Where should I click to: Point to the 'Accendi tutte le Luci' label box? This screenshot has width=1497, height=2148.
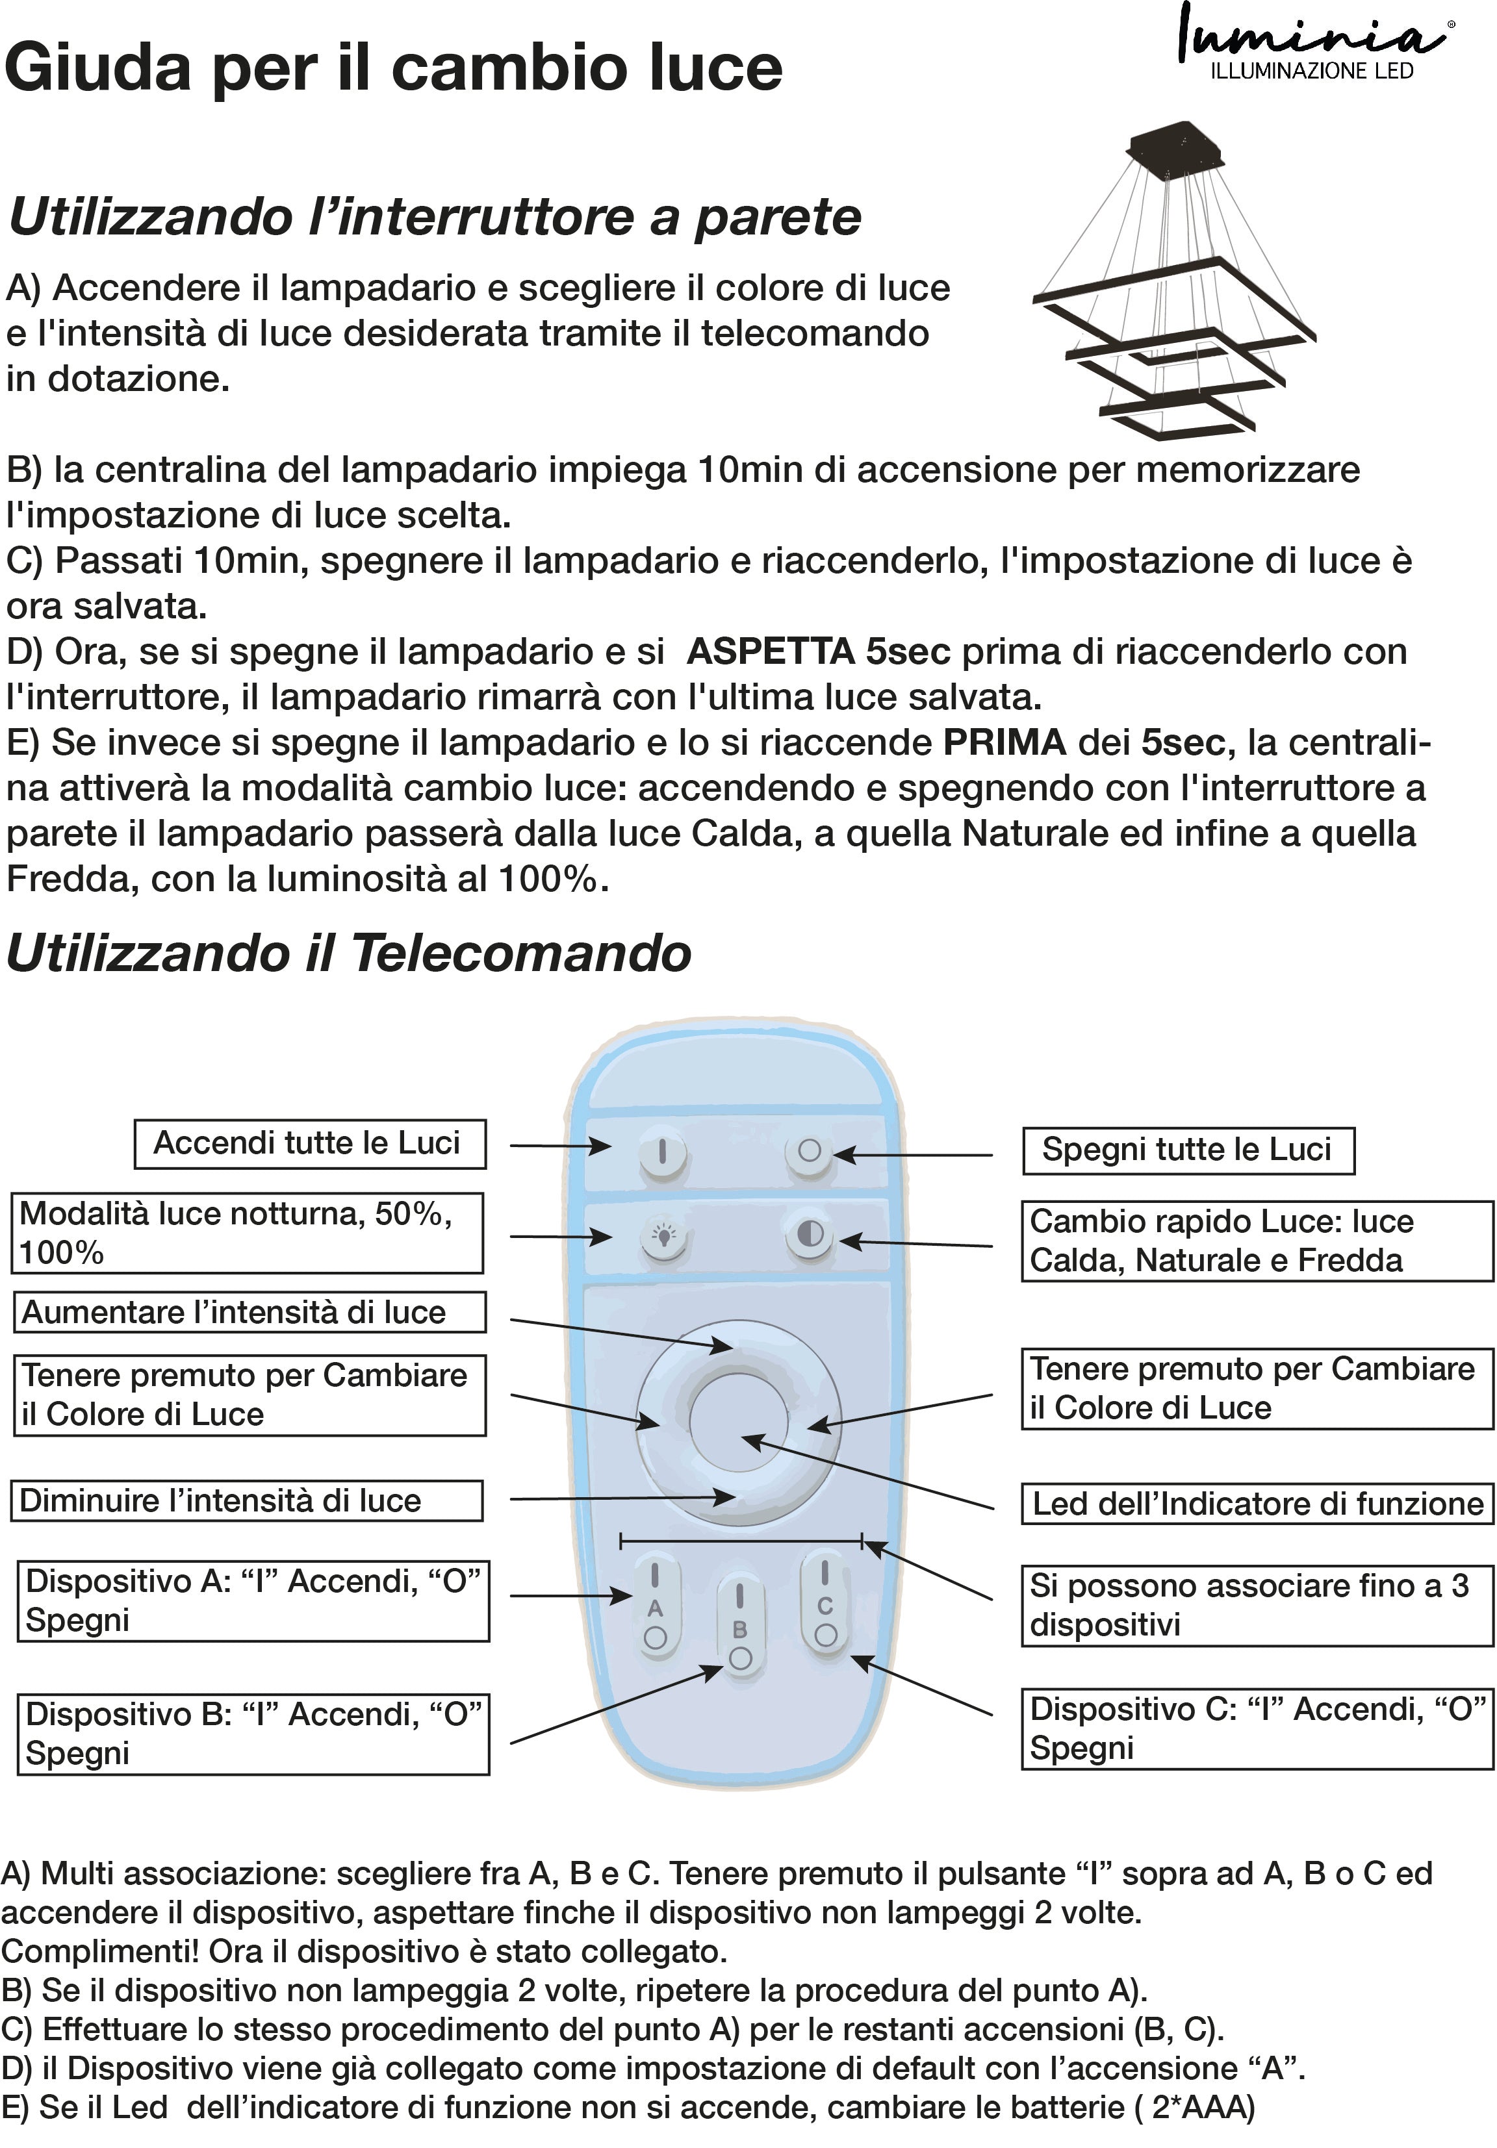(310, 1143)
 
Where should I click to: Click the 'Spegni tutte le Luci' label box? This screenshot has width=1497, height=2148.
(1186, 1150)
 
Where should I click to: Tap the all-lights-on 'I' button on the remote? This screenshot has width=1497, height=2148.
(663, 1152)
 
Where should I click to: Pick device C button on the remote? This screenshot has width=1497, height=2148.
(825, 1604)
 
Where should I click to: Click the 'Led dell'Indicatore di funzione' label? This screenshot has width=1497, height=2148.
(1257, 1504)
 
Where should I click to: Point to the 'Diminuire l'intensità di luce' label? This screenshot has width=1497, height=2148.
(247, 1500)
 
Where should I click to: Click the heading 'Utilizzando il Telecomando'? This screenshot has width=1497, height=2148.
(348, 954)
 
